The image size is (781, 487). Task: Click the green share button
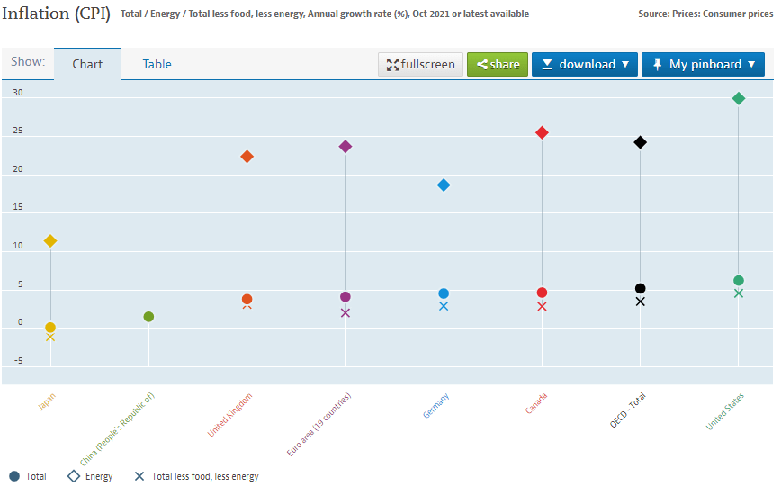point(498,64)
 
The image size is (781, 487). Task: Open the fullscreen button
point(421,64)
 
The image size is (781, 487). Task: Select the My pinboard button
point(703,64)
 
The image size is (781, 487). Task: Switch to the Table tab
point(157,64)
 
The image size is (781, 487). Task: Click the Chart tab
point(87,64)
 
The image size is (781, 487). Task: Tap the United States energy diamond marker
point(739,98)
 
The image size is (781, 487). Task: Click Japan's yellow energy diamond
point(50,240)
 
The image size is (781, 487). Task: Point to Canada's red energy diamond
point(542,132)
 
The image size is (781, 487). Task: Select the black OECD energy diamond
point(640,142)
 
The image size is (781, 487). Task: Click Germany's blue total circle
point(444,293)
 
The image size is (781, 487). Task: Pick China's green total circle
point(148,316)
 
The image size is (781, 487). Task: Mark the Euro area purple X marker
point(346,313)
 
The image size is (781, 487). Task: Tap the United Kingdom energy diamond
point(247,157)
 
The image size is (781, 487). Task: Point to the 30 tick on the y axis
point(18,93)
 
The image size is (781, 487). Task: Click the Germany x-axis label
point(436,406)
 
